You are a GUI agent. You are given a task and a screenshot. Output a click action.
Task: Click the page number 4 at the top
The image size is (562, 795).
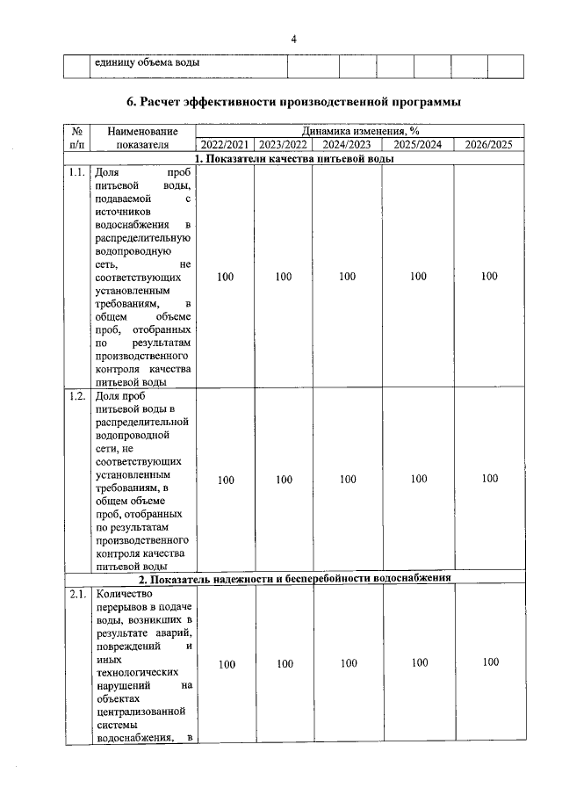[294, 40]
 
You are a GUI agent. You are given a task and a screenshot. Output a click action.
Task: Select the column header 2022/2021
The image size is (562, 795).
[225, 145]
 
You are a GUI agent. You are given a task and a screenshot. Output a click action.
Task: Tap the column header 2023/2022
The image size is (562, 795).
[283, 145]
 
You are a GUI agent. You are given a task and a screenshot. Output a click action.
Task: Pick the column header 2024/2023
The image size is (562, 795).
[347, 145]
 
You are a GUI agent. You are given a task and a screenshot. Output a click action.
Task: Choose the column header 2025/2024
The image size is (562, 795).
[418, 145]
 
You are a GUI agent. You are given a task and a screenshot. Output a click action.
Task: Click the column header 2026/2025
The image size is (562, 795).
[488, 145]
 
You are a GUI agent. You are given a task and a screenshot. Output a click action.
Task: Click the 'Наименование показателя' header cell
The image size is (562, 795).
[142, 138]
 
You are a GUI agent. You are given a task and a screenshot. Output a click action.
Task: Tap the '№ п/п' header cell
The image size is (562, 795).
[76, 138]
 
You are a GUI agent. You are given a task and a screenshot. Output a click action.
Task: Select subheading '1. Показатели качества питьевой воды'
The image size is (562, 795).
[293, 159]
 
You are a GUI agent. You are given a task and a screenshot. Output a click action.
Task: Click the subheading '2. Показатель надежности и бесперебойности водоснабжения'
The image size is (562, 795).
[293, 579]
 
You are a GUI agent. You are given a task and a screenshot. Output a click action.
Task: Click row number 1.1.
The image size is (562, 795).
[76, 173]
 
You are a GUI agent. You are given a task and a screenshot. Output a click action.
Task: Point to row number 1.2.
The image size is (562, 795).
[76, 396]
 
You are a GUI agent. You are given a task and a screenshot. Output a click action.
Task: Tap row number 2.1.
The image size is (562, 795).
[76, 595]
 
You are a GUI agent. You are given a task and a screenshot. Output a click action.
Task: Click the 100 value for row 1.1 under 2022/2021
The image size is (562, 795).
[225, 277]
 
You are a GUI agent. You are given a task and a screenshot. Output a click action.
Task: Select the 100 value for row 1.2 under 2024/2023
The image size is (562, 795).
[348, 480]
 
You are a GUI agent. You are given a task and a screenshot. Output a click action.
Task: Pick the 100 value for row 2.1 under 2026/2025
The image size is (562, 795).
[489, 662]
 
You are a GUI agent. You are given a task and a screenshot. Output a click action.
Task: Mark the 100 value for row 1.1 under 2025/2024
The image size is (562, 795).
[418, 277]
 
